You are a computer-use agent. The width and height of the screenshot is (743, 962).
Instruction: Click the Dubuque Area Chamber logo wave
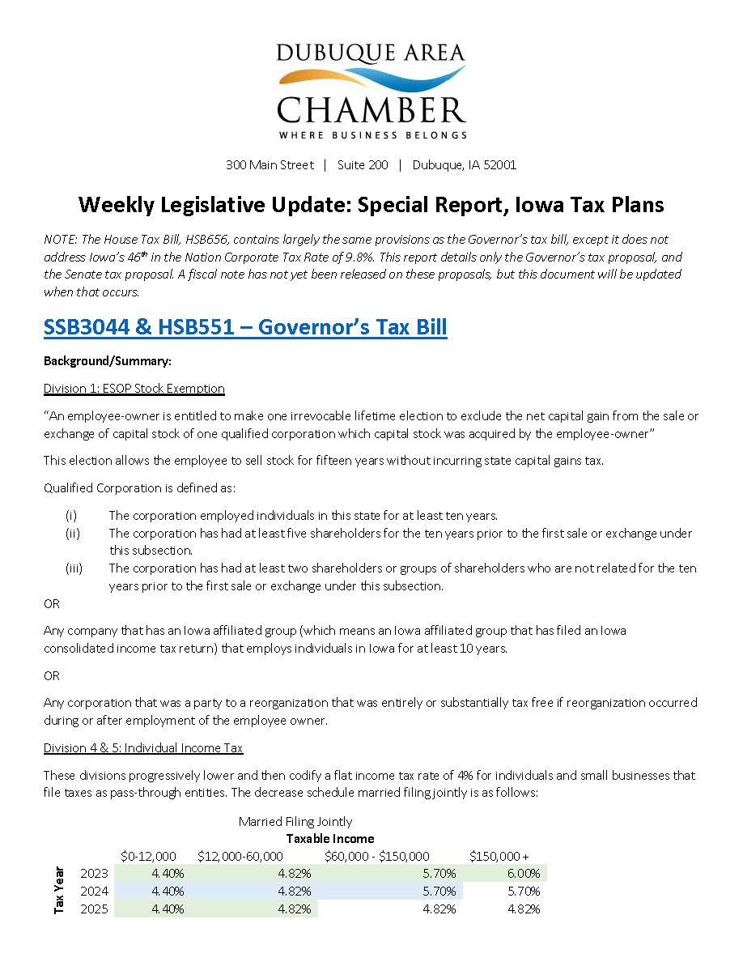(371, 80)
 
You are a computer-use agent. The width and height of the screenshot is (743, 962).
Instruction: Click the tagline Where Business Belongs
(371, 134)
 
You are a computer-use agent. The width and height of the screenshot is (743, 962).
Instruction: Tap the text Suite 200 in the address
(363, 165)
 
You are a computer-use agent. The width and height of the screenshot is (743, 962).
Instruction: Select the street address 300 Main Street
(270, 165)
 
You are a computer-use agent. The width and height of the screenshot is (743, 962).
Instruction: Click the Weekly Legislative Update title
(371, 205)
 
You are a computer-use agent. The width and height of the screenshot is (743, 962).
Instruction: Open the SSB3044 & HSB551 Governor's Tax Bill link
(245, 328)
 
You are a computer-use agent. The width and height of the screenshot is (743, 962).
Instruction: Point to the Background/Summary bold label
(108, 361)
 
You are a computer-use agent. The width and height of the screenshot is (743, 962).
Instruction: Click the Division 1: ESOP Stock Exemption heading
(134, 389)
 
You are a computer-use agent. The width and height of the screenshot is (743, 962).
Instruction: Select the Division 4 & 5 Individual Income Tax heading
(143, 748)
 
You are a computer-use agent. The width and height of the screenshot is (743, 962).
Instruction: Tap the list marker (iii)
(73, 568)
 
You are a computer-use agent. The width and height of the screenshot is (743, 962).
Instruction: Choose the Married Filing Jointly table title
(295, 822)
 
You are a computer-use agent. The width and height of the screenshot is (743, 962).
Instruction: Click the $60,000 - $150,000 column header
(377, 856)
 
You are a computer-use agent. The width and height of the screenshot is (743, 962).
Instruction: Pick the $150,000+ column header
(499, 856)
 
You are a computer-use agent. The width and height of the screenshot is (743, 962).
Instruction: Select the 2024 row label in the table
(94, 892)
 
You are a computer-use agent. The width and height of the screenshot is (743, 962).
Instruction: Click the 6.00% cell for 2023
(523, 874)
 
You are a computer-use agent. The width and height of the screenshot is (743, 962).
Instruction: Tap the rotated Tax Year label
(59, 891)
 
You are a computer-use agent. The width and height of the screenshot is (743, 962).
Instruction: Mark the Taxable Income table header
(330, 839)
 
